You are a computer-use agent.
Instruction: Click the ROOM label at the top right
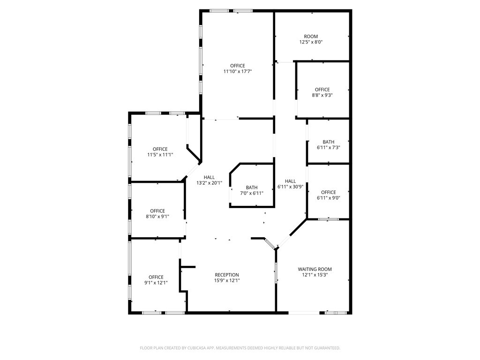click(x=311, y=37)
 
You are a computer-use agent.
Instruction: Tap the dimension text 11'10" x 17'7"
click(x=237, y=72)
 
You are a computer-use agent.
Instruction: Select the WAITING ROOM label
click(x=315, y=269)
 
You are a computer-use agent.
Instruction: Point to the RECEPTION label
click(x=227, y=275)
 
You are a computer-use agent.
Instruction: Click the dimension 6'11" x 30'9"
click(x=291, y=187)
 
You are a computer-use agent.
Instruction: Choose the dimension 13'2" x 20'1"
click(x=209, y=183)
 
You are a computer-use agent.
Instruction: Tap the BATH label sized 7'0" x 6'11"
click(x=252, y=187)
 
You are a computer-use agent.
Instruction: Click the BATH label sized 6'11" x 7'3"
click(x=328, y=142)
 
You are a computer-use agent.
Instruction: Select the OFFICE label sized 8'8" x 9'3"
click(x=322, y=90)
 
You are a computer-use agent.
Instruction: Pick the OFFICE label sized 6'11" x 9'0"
click(x=328, y=192)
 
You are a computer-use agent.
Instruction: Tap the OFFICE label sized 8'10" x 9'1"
click(x=157, y=211)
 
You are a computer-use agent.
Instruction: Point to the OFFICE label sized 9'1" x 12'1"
click(x=156, y=277)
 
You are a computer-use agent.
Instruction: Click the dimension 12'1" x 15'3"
click(x=315, y=275)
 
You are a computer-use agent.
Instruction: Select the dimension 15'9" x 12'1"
click(x=227, y=281)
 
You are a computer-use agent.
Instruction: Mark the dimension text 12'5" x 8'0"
click(x=311, y=42)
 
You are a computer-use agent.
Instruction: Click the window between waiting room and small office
click(x=328, y=219)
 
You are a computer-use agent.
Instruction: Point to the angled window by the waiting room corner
click(x=270, y=244)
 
